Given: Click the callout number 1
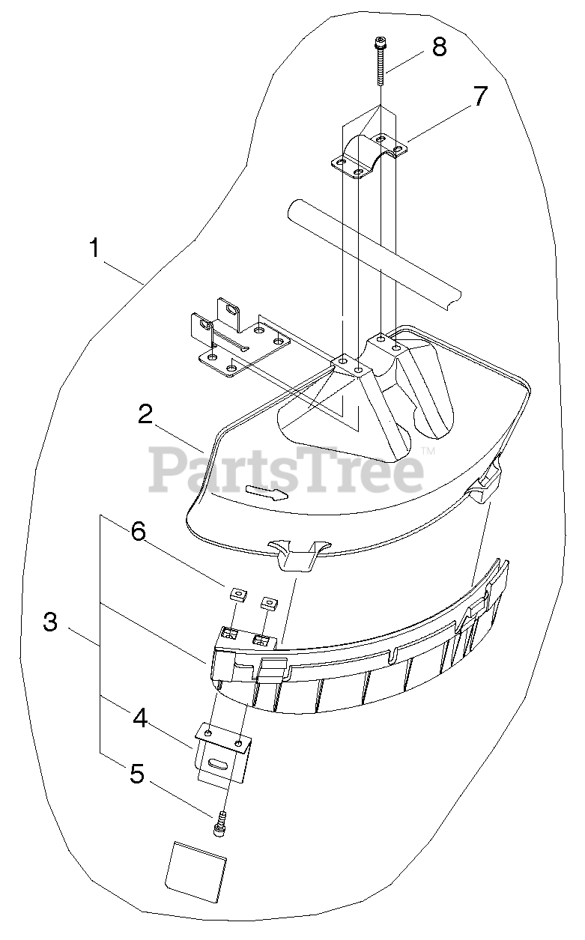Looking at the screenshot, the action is (x=94, y=249).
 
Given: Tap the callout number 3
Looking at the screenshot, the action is (x=50, y=622).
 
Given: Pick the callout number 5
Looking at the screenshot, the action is (x=137, y=774).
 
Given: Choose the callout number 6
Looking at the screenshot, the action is (x=137, y=531).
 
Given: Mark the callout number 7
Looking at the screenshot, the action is (x=479, y=96).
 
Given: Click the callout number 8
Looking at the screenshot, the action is (x=439, y=46).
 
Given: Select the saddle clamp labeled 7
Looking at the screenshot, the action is (x=367, y=156).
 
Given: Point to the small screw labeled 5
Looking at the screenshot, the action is (x=221, y=828).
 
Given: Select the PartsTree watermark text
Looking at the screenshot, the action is (x=286, y=468).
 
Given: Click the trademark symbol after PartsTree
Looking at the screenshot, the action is (x=428, y=451).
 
